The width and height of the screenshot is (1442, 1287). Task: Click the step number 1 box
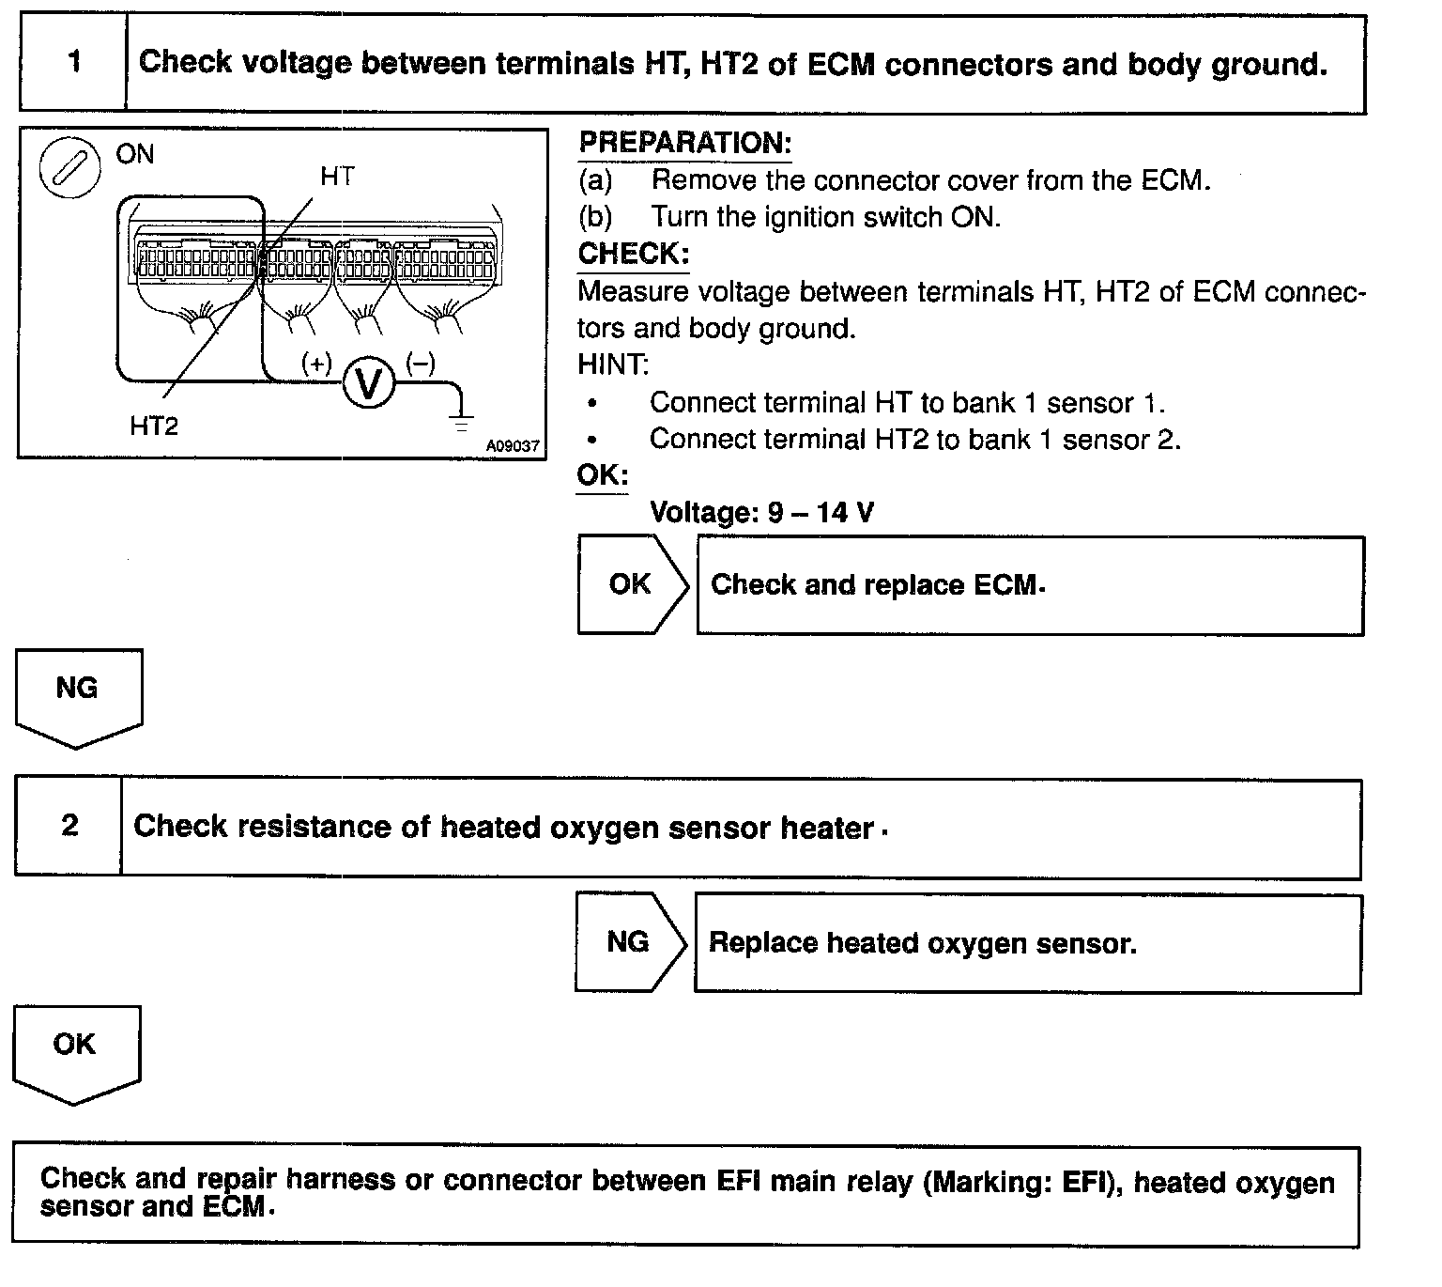pyautogui.click(x=73, y=63)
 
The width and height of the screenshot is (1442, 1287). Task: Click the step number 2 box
pyautogui.click(x=69, y=826)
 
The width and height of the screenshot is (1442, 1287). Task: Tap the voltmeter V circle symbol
pyautogui.click(x=369, y=384)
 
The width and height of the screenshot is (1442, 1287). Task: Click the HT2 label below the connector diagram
pyautogui.click(x=154, y=426)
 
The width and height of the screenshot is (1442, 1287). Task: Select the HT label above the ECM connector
pyautogui.click(x=337, y=177)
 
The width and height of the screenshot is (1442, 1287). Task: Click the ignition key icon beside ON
pyautogui.click(x=69, y=170)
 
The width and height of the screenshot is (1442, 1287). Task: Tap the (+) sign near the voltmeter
pyautogui.click(x=317, y=363)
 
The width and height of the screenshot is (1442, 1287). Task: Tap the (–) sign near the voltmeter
pyautogui.click(x=420, y=363)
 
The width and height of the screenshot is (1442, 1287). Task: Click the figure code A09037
pyautogui.click(x=513, y=446)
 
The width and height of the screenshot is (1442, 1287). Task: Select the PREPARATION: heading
pyautogui.click(x=685, y=144)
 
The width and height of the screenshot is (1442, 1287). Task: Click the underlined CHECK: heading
pyautogui.click(x=634, y=255)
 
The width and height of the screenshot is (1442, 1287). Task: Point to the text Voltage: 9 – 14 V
pyautogui.click(x=762, y=512)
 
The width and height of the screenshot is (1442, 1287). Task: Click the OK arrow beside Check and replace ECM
pyautogui.click(x=632, y=584)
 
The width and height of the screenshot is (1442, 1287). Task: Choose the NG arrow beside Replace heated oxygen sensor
pyautogui.click(x=629, y=941)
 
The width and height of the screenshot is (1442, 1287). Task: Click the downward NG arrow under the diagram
pyautogui.click(x=78, y=696)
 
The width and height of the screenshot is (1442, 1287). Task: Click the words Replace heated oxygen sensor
pyautogui.click(x=923, y=942)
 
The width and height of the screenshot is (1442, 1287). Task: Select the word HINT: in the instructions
pyautogui.click(x=613, y=364)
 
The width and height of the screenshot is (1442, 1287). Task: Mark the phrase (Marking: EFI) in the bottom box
pyautogui.click(x=1024, y=1181)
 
